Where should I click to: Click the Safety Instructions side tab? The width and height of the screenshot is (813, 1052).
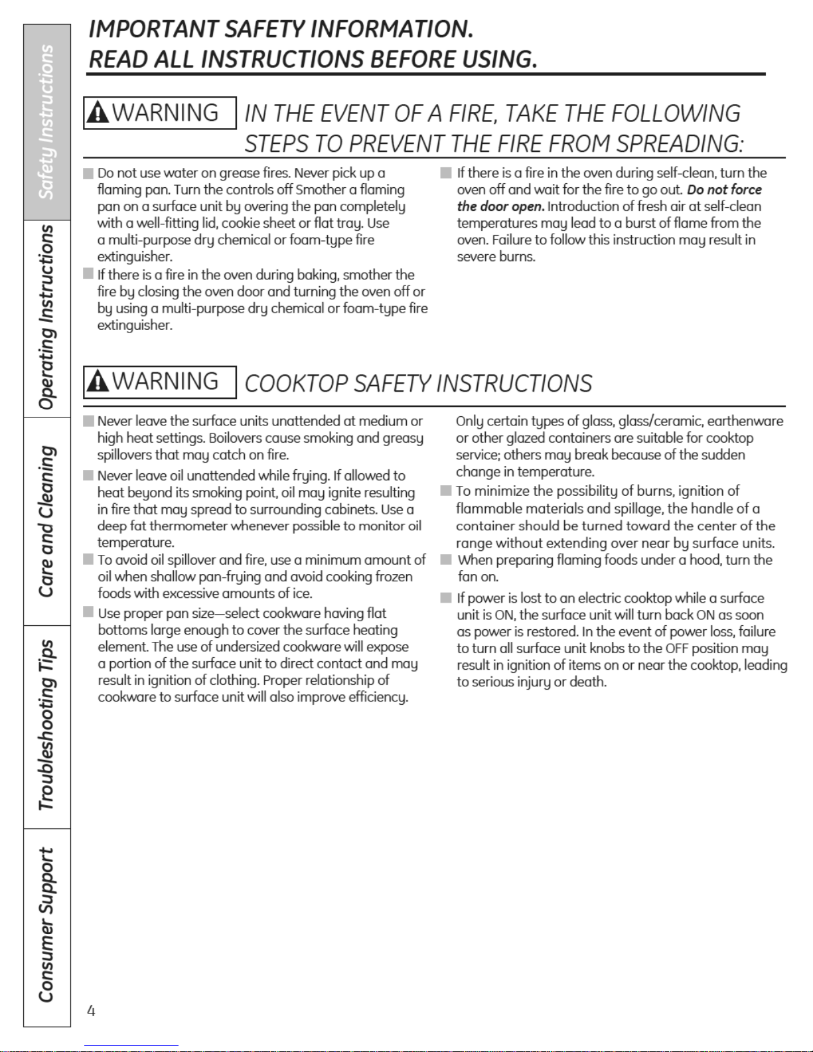pyautogui.click(x=46, y=122)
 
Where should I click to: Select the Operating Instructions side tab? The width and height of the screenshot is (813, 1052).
pyautogui.click(x=46, y=318)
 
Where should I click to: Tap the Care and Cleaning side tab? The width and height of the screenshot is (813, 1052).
pyautogui.click(x=46, y=521)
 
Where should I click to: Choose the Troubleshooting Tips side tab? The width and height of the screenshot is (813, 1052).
pyautogui.click(x=46, y=725)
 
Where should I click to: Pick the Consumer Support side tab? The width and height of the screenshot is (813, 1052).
pyautogui.click(x=46, y=925)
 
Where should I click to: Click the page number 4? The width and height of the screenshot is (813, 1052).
pyautogui.click(x=91, y=1011)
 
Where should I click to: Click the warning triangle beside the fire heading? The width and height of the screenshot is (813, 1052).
pyautogui.click(x=98, y=113)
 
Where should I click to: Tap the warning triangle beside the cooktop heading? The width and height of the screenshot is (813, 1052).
pyautogui.click(x=98, y=382)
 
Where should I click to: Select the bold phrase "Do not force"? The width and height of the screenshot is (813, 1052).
pyautogui.click(x=724, y=190)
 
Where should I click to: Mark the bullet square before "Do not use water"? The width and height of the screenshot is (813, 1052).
pyautogui.click(x=88, y=174)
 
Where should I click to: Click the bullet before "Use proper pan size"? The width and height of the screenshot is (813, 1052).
pyautogui.click(x=88, y=612)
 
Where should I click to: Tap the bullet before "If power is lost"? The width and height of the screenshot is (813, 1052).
pyautogui.click(x=446, y=598)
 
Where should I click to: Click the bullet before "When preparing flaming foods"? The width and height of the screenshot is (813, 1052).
pyautogui.click(x=446, y=560)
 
